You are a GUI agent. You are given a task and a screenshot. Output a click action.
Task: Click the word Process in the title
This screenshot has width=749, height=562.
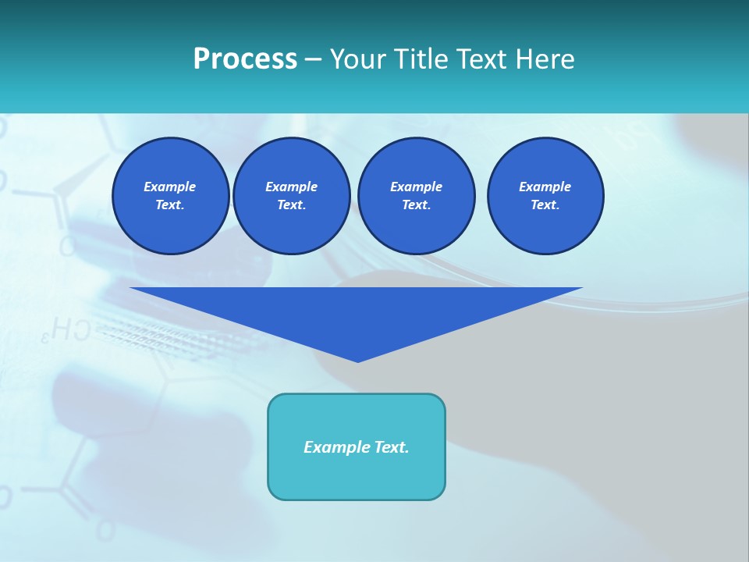[x=245, y=59]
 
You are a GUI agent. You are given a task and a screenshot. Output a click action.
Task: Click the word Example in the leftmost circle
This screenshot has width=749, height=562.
[x=170, y=187]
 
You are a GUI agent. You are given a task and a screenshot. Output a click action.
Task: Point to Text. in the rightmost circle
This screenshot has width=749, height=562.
[x=545, y=205]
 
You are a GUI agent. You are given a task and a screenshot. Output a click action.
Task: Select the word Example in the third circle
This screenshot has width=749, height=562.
[x=416, y=187]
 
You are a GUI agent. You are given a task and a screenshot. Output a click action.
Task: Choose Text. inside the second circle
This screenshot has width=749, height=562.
[x=291, y=205]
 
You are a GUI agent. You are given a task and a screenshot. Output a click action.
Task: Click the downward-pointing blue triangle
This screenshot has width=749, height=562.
[x=357, y=312]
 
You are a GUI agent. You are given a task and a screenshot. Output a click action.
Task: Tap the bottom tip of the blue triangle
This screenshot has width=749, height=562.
[x=357, y=360]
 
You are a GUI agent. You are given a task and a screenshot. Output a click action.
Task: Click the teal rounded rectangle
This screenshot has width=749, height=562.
[x=357, y=476]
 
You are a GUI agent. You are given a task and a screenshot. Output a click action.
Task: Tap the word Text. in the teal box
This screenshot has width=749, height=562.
[x=392, y=447]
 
